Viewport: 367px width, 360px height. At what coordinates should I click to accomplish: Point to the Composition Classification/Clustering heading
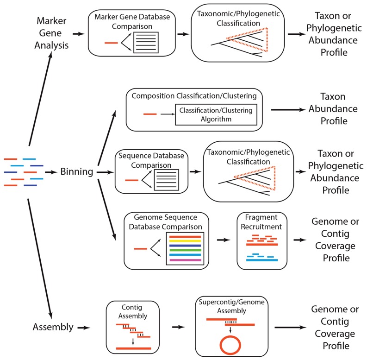click(194, 96)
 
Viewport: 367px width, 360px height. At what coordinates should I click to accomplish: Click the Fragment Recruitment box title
click(261, 222)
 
